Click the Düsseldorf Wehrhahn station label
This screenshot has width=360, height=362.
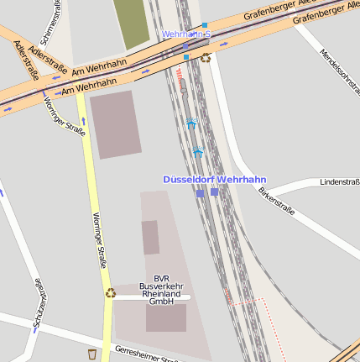[x=214, y=179]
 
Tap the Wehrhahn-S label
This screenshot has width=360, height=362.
[x=185, y=34]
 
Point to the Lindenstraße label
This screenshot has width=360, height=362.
[x=340, y=181]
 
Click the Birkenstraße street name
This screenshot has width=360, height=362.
[x=276, y=201]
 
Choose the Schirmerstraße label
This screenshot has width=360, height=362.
[x=55, y=19]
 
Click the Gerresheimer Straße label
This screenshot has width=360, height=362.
[x=146, y=354]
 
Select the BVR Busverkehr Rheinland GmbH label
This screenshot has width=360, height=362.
[x=161, y=290]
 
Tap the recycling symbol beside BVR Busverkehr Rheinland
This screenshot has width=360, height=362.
[x=110, y=293]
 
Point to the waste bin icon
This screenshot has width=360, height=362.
[x=92, y=353]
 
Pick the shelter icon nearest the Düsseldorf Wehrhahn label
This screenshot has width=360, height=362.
[x=198, y=152]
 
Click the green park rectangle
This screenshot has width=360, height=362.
[x=131, y=23]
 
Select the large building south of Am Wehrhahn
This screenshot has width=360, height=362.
[x=116, y=123]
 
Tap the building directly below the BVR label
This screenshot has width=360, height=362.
[x=166, y=317]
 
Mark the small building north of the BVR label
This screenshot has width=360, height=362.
[x=150, y=237]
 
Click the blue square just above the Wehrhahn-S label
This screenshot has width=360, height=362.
[x=204, y=26]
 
